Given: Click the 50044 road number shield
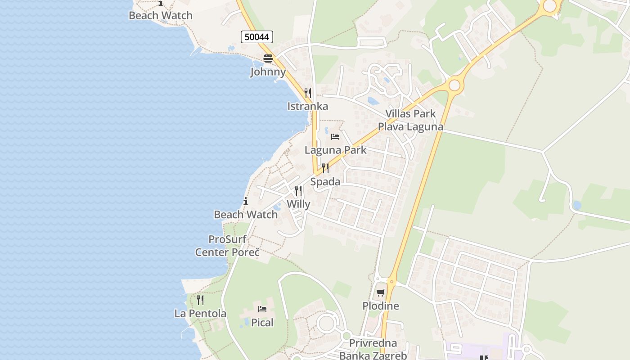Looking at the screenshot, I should point(257,37).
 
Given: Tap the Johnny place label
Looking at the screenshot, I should point(268,72).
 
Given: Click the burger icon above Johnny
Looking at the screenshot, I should point(268,58).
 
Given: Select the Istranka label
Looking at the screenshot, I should point(308,106).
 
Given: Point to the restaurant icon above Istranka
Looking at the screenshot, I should point(308,93).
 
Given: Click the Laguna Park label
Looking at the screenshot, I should point(335,150).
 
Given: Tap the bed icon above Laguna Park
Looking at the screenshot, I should point(335,137).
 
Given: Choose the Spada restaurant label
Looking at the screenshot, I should point(325,182).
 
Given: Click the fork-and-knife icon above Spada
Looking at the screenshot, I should point(325,169).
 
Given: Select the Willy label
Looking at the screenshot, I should point(298,204).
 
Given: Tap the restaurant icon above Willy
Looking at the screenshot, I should point(298,191).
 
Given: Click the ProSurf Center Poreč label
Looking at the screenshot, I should point(227,246).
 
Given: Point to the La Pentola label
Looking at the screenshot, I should point(200,313).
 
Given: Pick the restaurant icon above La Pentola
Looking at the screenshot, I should point(200,300).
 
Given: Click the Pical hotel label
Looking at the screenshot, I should point(262,322).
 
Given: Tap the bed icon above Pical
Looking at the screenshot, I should point(262,309).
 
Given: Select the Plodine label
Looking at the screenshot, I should point(381,306).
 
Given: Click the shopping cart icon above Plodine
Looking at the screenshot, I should point(381,293).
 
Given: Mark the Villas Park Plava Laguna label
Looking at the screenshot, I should point(410,120).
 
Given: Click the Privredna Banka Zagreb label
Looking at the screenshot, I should point(373,349).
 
